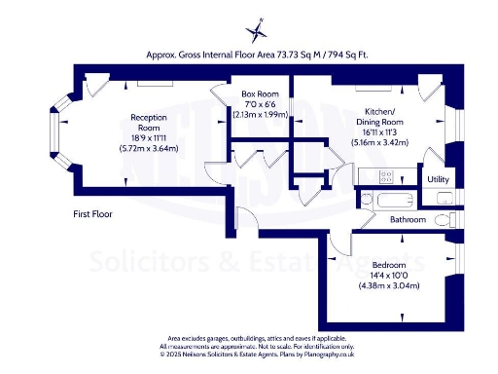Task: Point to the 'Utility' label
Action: pyautogui.click(x=438, y=179)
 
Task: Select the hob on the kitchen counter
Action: pyautogui.click(x=385, y=177)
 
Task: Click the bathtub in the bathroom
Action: pyautogui.click(x=396, y=203)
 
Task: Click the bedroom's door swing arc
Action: pyautogui.click(x=339, y=242)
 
